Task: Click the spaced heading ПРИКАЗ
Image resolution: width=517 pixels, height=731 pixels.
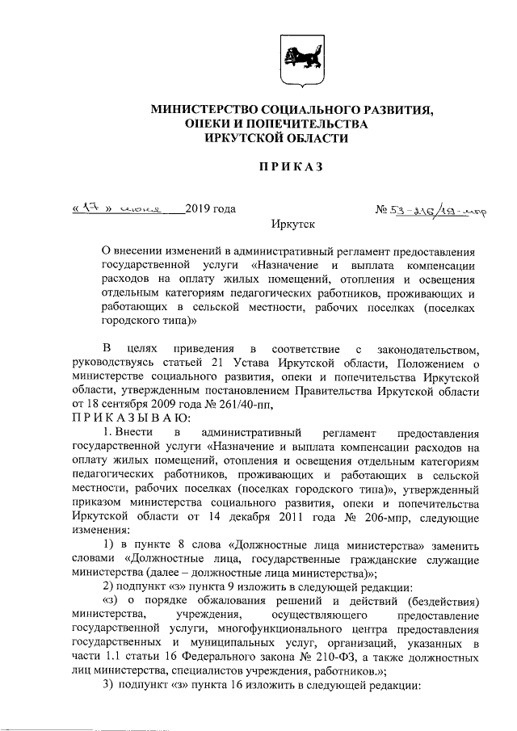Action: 290,166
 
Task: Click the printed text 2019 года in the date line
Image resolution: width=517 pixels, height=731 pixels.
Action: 210,209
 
